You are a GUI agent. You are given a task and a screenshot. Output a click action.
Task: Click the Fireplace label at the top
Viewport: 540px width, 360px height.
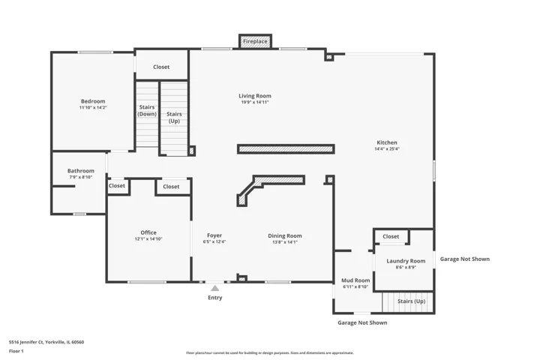[255, 41]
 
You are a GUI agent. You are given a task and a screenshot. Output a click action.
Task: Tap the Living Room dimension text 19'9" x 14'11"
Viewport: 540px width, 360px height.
[255, 102]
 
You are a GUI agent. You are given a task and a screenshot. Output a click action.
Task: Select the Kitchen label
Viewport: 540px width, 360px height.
[387, 142]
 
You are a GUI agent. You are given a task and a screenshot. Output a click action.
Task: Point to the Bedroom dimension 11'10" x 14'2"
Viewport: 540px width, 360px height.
[93, 107]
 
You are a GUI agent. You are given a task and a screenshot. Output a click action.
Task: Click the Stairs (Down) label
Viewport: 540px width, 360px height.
[147, 110]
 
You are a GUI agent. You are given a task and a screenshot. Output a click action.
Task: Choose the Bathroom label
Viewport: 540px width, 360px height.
[80, 171]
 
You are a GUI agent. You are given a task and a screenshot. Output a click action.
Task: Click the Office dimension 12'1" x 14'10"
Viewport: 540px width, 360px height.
[148, 239]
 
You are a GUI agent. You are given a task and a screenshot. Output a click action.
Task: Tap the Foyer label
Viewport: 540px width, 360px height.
[214, 235]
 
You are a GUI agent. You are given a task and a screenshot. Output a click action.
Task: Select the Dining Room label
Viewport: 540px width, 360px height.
[285, 236]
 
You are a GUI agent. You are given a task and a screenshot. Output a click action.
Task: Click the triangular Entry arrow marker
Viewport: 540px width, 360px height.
[215, 288]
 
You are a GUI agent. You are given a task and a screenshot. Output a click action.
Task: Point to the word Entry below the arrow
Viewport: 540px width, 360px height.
[215, 298]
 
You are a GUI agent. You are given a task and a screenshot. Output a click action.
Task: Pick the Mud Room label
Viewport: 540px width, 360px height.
[355, 280]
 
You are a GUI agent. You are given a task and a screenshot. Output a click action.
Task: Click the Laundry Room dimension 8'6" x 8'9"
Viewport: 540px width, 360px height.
[406, 267]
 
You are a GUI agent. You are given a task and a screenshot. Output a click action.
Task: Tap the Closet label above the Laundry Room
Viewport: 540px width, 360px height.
[391, 237]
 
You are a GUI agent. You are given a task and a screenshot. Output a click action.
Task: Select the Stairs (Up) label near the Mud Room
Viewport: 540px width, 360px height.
[412, 301]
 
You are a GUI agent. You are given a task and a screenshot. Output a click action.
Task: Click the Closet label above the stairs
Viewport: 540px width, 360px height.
[161, 67]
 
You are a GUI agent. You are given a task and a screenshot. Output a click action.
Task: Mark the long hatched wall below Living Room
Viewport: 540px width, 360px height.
[286, 149]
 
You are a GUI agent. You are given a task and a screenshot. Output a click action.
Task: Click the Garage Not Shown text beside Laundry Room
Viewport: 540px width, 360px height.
[464, 259]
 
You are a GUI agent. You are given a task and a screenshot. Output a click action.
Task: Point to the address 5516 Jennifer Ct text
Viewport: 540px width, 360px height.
[46, 342]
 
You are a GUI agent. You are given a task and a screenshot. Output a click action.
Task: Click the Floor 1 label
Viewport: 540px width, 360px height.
[16, 352]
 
